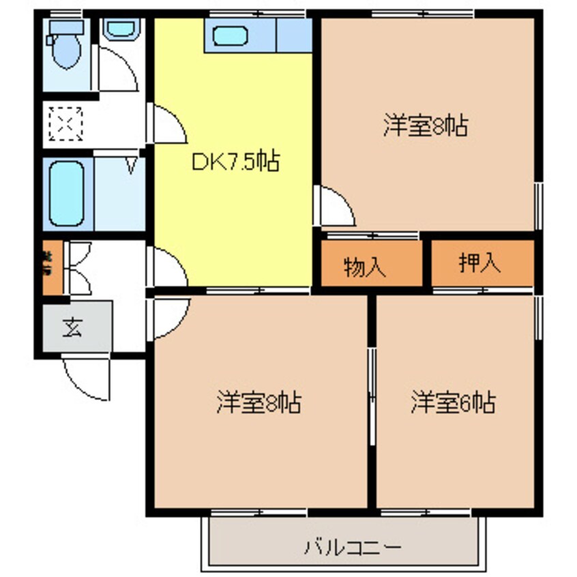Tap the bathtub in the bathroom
click(x=67, y=195)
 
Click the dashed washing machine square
click(x=65, y=124)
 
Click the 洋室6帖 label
click(x=452, y=403)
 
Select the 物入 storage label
click(x=365, y=267)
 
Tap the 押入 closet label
click(x=480, y=263)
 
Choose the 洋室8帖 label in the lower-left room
click(x=260, y=403)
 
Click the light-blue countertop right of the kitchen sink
click(x=294, y=35)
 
